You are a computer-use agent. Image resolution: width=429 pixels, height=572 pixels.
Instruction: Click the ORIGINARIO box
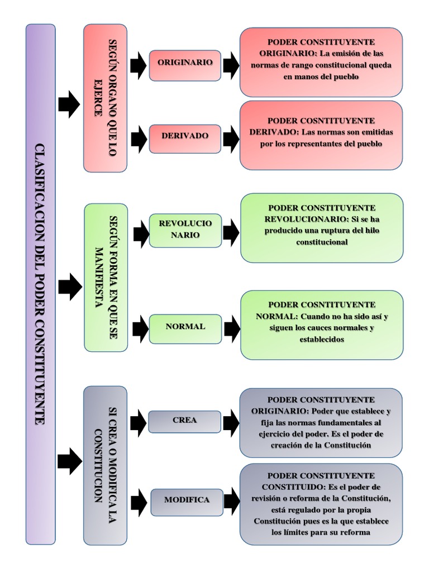point(185,63)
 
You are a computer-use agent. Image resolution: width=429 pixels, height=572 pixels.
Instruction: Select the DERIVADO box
point(185,136)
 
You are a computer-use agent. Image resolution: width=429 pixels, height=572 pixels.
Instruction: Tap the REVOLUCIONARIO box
point(185,230)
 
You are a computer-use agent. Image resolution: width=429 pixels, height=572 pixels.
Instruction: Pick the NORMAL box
point(185,326)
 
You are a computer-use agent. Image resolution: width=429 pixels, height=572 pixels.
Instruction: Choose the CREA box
point(184,421)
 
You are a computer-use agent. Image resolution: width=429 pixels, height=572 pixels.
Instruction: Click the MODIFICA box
point(187,500)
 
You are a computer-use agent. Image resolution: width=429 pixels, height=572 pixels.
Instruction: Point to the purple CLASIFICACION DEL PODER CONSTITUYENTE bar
point(40,284)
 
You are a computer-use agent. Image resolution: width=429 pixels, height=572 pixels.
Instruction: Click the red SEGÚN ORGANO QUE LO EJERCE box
point(105,98)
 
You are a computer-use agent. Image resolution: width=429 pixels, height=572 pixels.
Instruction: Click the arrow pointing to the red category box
point(69,104)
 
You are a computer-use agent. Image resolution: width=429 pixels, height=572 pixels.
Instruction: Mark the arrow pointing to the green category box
point(69,287)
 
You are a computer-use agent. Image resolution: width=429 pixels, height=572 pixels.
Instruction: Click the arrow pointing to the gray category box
point(69,461)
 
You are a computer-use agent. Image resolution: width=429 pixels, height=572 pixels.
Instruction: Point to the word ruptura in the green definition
point(342,230)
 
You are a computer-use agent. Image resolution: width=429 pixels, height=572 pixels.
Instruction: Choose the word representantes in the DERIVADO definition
point(314,144)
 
